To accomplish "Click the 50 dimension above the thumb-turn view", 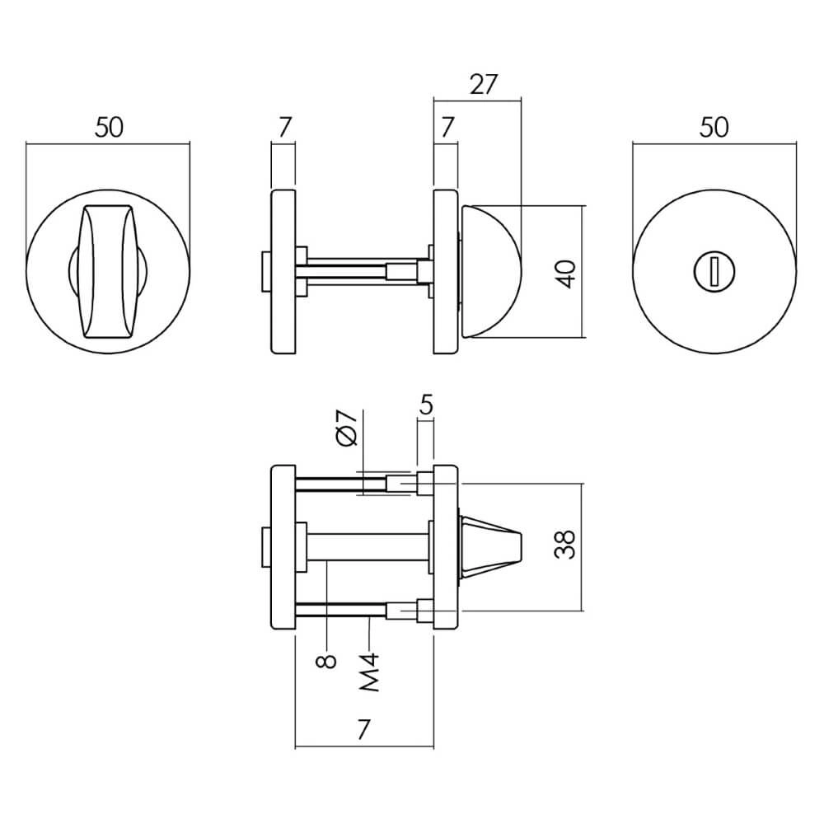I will pos(109,128).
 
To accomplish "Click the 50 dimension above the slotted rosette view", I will pos(714,128).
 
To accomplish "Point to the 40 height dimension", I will pos(565,272).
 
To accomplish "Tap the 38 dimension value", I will pos(565,545).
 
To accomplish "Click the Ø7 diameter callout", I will pos(347,428).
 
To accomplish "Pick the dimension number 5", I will pos(425,405).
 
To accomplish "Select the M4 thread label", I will pos(370,672).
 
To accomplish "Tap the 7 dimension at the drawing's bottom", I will pos(364,729).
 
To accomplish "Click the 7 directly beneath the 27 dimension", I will pos(447,128).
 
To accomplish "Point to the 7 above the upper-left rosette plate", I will pos(284,128).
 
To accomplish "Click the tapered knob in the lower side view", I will pos(490,545).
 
